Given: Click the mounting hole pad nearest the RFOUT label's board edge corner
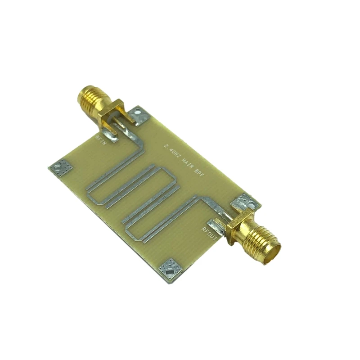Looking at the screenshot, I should point(170,268).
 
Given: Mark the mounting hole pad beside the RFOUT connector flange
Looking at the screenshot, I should point(245,202).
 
